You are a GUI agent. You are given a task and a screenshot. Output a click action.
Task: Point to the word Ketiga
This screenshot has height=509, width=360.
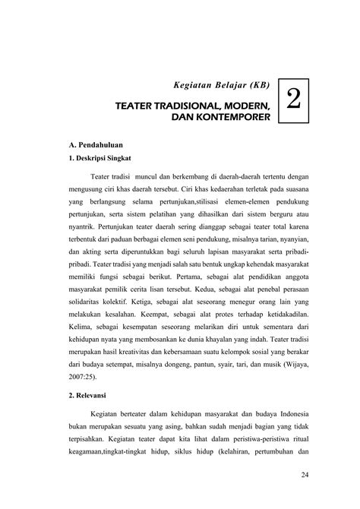click(x=153, y=318)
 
